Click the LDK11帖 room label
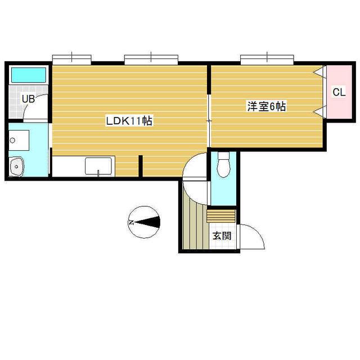[129, 121]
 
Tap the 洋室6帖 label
[266, 106]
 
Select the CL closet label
[339, 92]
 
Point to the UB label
[28, 99]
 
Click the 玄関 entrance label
[222, 236]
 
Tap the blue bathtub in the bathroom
[29, 75]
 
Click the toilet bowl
[224, 165]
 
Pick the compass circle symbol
[144, 222]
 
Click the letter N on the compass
[132, 223]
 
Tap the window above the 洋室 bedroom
[267, 60]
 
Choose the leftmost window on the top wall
[72, 60]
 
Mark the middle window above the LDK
[151, 60]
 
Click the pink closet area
[339, 92]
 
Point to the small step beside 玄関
[221, 216]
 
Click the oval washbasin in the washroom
[16, 166]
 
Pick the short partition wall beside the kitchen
[141, 166]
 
